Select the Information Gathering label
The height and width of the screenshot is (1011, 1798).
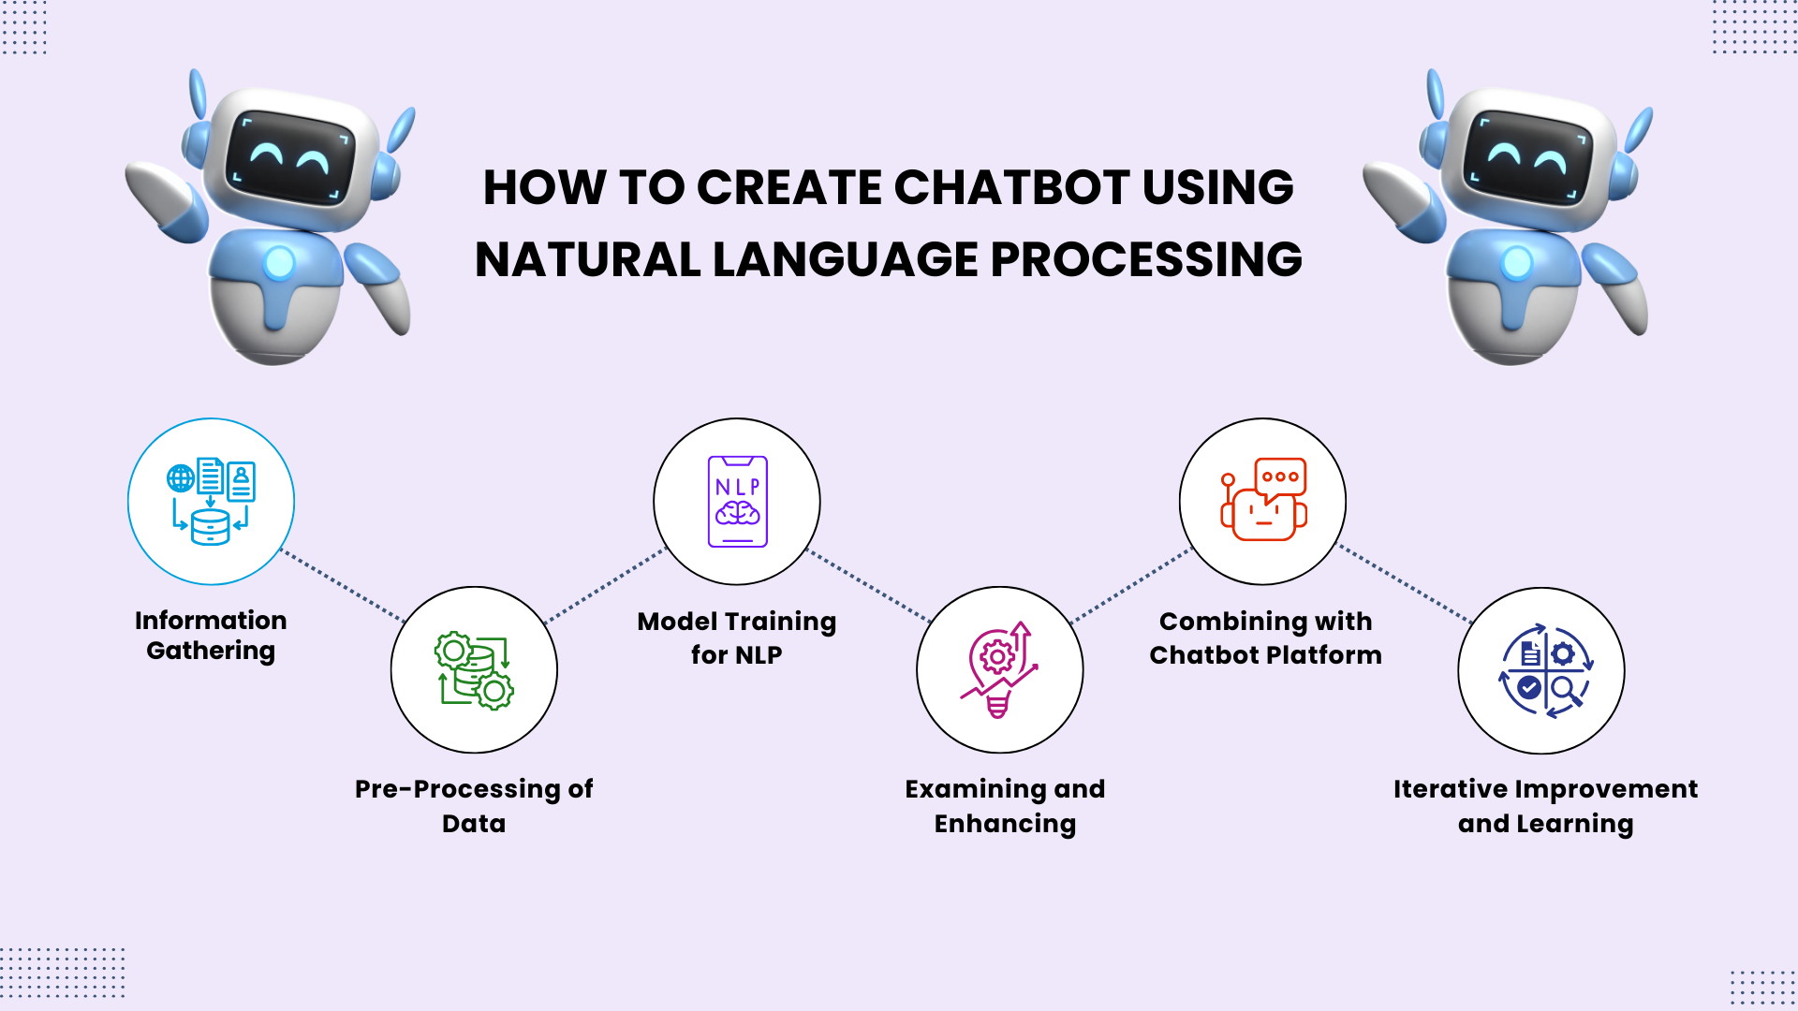tap(211, 635)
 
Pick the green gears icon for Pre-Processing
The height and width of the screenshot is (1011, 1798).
tap(474, 670)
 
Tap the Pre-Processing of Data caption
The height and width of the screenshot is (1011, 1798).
tap(474, 805)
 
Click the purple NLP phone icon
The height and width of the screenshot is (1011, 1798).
tap(737, 502)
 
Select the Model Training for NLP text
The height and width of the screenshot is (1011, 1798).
tap(737, 637)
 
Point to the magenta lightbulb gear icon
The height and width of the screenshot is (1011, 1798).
tap(999, 670)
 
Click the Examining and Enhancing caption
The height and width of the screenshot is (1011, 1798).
tap(1005, 805)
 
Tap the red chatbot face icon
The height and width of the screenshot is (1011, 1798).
tap(1263, 500)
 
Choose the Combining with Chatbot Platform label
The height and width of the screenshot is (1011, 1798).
tap(1265, 637)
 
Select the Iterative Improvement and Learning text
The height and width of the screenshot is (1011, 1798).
tap(1545, 805)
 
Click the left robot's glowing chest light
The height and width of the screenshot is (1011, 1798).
tap(279, 263)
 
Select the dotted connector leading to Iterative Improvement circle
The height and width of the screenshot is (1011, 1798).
tap(1405, 585)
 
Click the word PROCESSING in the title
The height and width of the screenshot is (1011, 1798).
tap(1146, 259)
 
